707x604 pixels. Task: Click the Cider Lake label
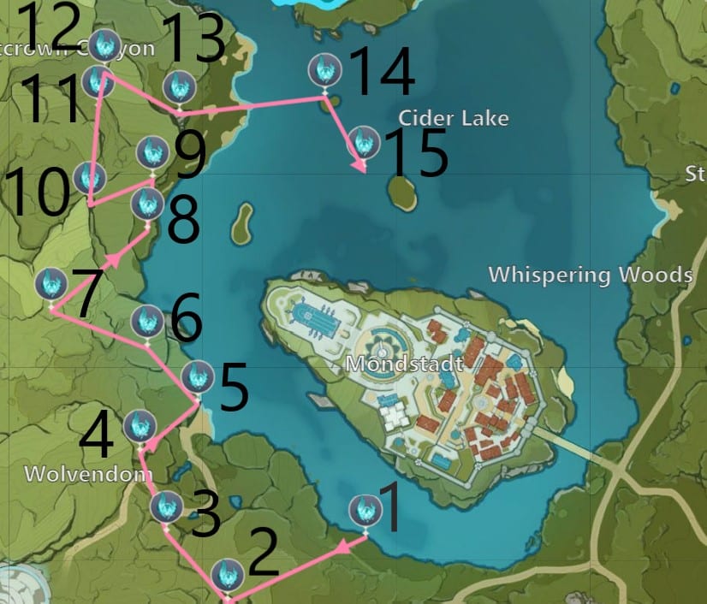[454, 118]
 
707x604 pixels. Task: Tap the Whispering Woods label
[590, 275]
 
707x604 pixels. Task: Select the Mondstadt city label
[404, 364]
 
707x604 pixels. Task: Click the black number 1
[389, 506]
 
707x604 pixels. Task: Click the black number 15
[416, 154]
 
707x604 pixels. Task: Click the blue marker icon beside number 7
[51, 284]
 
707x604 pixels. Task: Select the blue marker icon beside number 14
[324, 69]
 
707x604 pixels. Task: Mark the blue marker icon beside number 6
[147, 321]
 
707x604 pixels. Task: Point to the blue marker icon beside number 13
[178, 86]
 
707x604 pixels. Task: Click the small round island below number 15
[402, 193]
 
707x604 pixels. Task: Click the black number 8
[183, 220]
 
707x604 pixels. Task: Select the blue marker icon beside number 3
[165, 507]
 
